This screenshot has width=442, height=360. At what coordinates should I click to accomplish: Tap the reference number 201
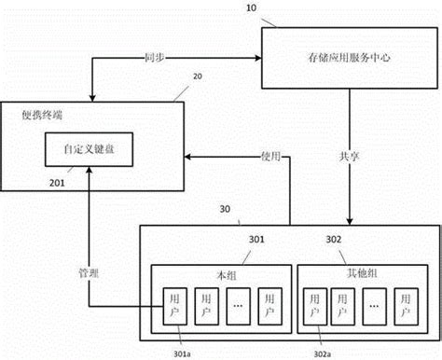(x=58, y=184)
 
